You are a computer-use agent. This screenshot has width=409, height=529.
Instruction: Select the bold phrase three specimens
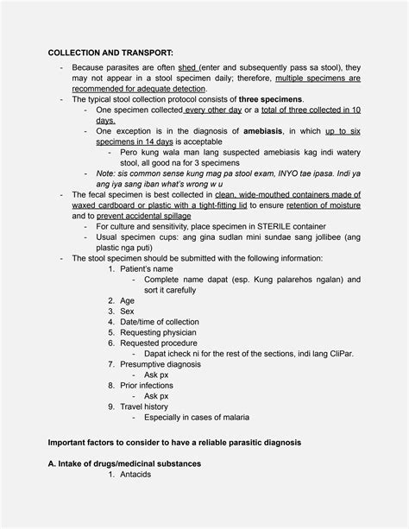pyautogui.click(x=269, y=99)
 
